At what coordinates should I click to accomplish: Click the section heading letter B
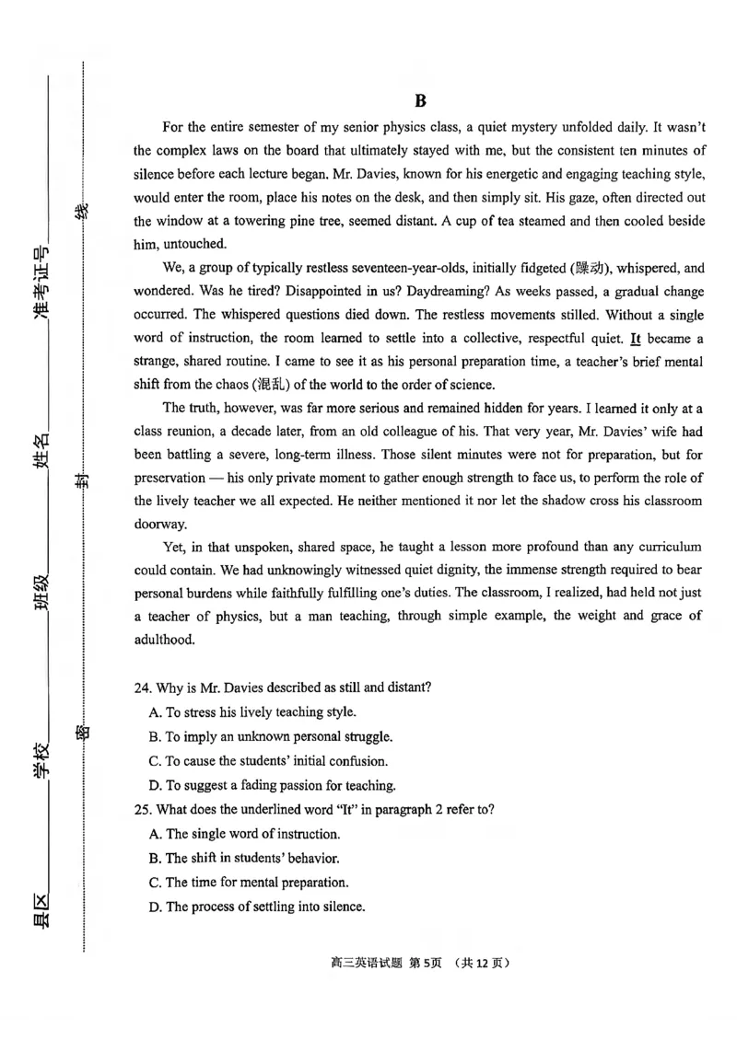point(420,101)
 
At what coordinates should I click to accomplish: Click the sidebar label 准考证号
point(42,284)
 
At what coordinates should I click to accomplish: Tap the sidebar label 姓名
point(42,454)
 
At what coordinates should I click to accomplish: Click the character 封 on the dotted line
point(83,479)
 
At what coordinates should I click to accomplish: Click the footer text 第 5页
point(427,963)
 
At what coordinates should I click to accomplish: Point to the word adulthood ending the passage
point(164,640)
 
